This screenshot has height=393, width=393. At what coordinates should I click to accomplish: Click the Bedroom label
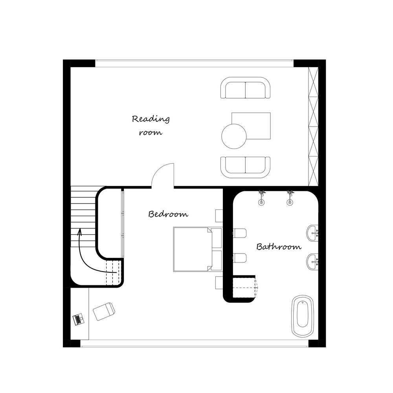click(168, 214)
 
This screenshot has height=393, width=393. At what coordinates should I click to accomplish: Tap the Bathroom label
click(279, 247)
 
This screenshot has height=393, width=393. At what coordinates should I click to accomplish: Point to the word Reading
click(151, 119)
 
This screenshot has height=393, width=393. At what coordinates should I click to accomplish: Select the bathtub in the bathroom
click(303, 316)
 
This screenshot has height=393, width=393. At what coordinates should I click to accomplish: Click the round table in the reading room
click(234, 136)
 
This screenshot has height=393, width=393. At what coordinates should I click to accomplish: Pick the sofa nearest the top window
click(245, 88)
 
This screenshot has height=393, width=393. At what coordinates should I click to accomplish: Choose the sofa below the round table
click(245, 167)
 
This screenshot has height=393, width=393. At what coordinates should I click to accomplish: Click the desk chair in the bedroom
click(104, 311)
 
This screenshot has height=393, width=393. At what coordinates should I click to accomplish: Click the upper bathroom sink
click(312, 233)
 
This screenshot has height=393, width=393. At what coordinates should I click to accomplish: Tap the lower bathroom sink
click(312, 262)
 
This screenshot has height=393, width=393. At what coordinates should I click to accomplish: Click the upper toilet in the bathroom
click(240, 233)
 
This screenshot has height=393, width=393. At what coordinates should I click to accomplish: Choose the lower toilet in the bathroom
click(240, 258)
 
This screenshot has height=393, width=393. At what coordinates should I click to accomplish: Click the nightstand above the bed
click(219, 216)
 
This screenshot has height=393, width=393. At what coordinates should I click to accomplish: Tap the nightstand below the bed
click(219, 283)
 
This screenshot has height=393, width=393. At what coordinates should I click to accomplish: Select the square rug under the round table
click(251, 126)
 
